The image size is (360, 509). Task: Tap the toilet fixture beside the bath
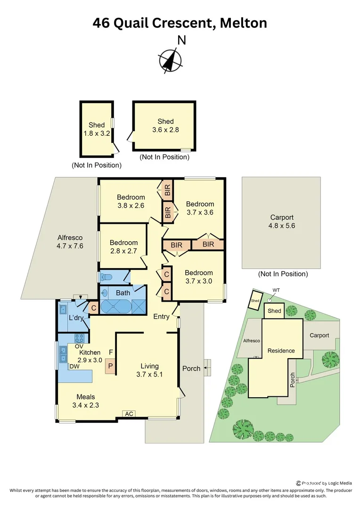[106, 277]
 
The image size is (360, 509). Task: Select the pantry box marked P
[111, 366]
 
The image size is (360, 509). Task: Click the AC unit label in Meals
[129, 414]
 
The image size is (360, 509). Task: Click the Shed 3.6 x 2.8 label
[165, 125]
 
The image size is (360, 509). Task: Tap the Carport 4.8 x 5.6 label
[282, 222]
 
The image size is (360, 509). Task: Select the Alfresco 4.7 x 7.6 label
[70, 242]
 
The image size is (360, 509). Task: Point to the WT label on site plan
[276, 290]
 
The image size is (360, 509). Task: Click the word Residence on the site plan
[281, 351]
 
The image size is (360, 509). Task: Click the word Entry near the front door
[161, 317]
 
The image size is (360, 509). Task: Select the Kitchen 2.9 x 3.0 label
[90, 356]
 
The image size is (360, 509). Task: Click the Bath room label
[123, 293]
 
